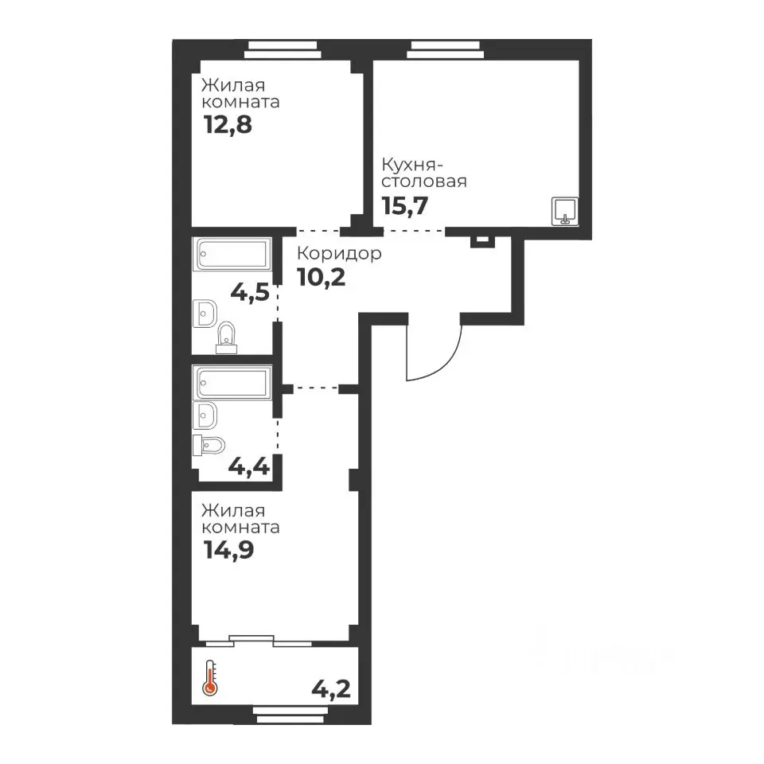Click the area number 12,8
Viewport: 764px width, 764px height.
coord(228,125)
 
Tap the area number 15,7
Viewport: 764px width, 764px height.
coord(405,205)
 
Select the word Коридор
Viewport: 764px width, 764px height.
coord(339,254)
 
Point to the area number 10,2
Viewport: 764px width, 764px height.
coord(321,278)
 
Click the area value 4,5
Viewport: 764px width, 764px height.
coord(250,293)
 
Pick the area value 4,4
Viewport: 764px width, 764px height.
coord(249,467)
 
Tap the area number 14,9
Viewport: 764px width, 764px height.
coord(229,551)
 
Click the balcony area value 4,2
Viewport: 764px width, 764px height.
coord(331,689)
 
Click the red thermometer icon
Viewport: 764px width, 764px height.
coord(210,678)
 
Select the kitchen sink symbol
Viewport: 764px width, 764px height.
coord(565,212)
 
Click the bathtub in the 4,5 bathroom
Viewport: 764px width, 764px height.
coord(232,254)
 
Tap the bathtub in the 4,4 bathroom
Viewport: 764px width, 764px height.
coord(232,383)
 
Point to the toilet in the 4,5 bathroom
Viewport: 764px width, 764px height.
coord(226,337)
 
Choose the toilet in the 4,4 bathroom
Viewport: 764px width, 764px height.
coord(209,445)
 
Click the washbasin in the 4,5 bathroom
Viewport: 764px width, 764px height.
coord(205,314)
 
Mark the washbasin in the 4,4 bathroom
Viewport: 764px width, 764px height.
coord(205,415)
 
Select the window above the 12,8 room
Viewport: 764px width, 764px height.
coord(283,49)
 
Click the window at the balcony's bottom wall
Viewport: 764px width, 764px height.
coord(290,715)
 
